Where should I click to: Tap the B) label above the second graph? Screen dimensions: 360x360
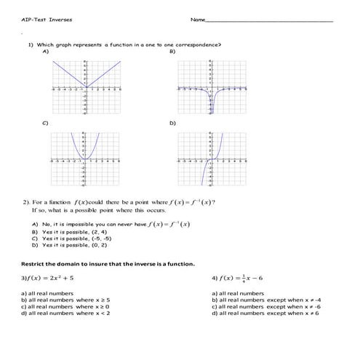coord(172,52)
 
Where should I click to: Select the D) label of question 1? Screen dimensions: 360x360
coord(172,124)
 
